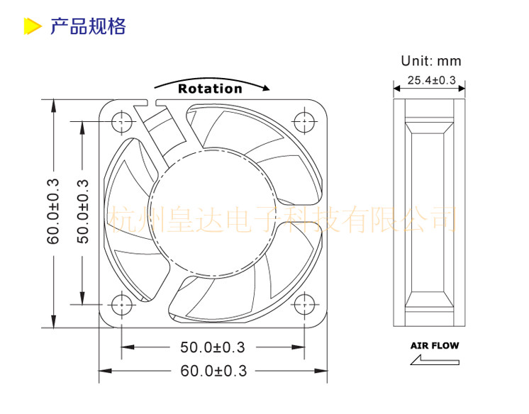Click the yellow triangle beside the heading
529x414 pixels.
click(32, 26)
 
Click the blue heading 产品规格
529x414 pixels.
click(88, 26)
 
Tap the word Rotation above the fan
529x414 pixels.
click(210, 89)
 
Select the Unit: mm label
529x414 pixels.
click(431, 61)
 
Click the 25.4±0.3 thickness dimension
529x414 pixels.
click(432, 80)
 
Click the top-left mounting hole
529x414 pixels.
click(121, 121)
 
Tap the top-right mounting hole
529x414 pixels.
click(304, 121)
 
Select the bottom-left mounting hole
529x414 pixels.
click(121, 304)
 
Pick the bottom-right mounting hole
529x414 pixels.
click(304, 304)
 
